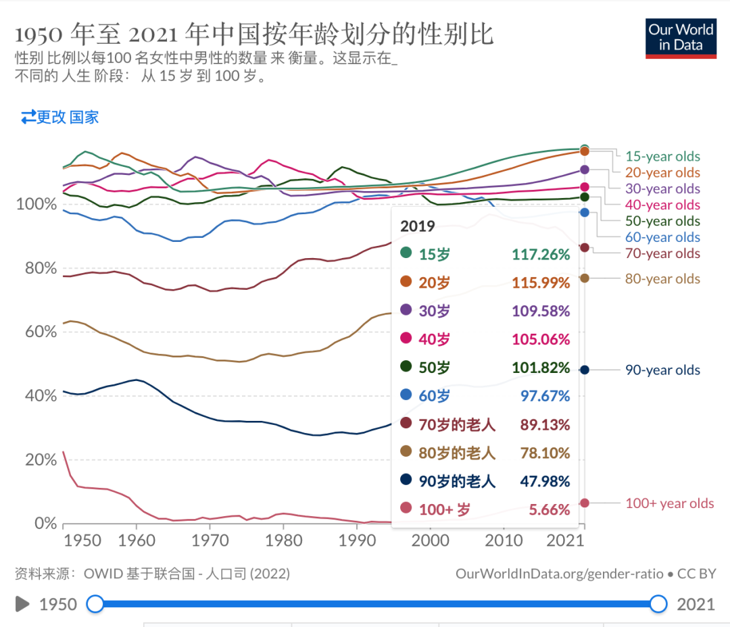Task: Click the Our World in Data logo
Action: pos(681,39)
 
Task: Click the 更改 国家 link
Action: pos(60,117)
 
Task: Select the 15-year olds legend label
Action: pos(662,157)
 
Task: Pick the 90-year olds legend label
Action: pos(662,370)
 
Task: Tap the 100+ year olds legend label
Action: pos(669,503)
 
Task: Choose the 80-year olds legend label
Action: pos(662,278)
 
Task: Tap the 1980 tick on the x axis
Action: pos(283,541)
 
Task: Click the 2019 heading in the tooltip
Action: pos(418,226)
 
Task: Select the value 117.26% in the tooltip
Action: pos(541,255)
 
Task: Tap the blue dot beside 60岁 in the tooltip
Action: pos(406,396)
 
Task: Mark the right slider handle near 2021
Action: pos(658,604)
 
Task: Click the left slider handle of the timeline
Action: pos(96,604)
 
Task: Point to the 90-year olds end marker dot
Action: pos(585,370)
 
